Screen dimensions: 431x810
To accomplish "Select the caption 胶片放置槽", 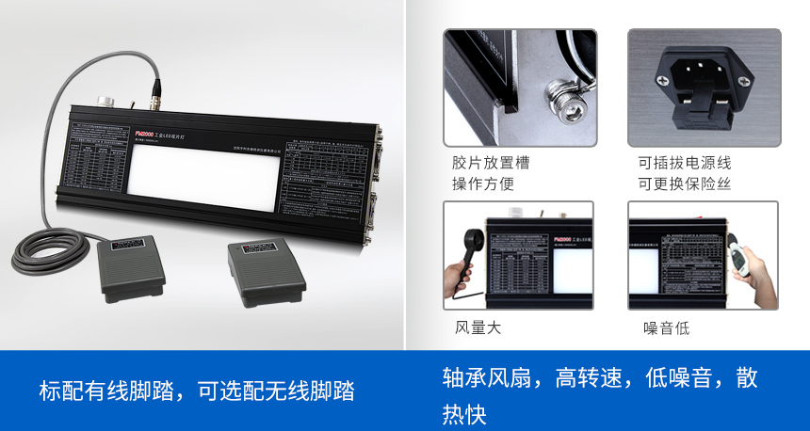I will (x=491, y=163).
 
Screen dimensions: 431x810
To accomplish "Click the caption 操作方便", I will (x=483, y=184).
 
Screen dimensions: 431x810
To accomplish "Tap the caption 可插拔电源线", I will (x=684, y=163).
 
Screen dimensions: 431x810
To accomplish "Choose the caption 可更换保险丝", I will (x=684, y=184).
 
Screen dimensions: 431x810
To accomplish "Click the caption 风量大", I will (x=478, y=328).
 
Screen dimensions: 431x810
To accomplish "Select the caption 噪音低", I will (x=666, y=328).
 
